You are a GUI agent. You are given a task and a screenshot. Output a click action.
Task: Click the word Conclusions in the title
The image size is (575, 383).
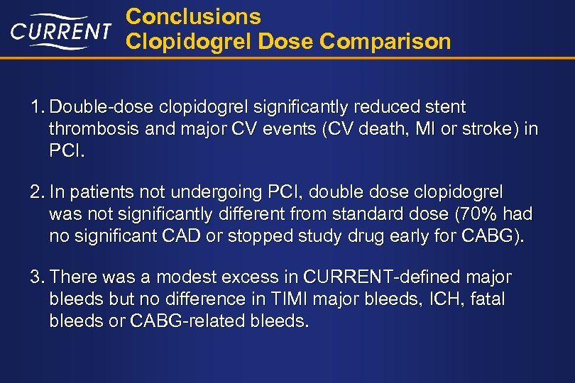point(193,16)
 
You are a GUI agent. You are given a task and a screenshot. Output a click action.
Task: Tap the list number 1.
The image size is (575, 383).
point(36,108)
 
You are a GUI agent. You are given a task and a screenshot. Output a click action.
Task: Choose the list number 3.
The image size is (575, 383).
point(36,277)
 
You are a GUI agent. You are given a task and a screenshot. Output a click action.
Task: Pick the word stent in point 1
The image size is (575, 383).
point(444,108)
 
